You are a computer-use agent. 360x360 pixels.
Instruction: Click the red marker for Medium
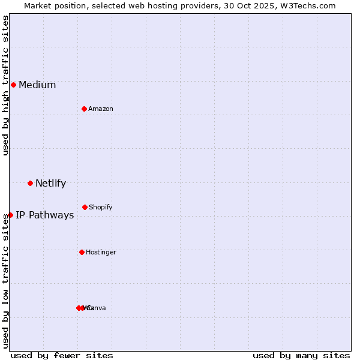tap(13, 85)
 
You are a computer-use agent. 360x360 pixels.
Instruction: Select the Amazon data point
tap(85, 109)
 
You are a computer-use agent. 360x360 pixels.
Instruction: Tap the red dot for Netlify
tap(30, 183)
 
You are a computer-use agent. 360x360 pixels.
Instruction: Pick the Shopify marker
tap(85, 207)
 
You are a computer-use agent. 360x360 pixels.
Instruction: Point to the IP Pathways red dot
tap(10, 215)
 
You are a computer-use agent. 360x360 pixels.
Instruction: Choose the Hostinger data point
tap(82, 252)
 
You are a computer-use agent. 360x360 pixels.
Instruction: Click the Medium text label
tap(37, 85)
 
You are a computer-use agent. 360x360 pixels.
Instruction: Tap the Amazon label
tap(101, 109)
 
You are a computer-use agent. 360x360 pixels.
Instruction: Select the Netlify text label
tap(50, 184)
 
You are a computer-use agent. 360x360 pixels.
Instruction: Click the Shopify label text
tap(101, 208)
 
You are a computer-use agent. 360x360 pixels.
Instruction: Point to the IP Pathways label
tap(45, 215)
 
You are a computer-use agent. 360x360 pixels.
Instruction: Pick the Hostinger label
tap(101, 253)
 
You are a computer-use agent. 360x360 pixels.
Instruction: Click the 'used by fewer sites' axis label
tap(62, 355)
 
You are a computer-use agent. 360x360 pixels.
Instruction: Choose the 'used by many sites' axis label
tap(301, 355)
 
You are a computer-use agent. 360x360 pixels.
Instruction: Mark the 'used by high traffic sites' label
tap(6, 85)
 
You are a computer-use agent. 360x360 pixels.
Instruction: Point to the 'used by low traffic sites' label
tap(6, 275)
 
